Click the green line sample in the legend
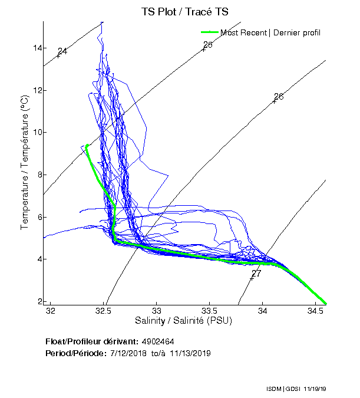click(210, 32)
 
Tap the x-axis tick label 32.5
click(104, 311)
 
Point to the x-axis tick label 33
click(157, 311)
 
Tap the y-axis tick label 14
click(38, 48)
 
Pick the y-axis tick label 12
click(38, 90)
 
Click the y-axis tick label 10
click(38, 132)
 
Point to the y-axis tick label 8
click(40, 175)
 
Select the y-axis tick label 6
click(40, 217)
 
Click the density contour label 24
click(62, 51)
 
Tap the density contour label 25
click(207, 45)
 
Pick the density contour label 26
click(279, 96)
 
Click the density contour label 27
click(256, 274)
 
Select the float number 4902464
click(157, 341)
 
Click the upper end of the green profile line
click(87, 145)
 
